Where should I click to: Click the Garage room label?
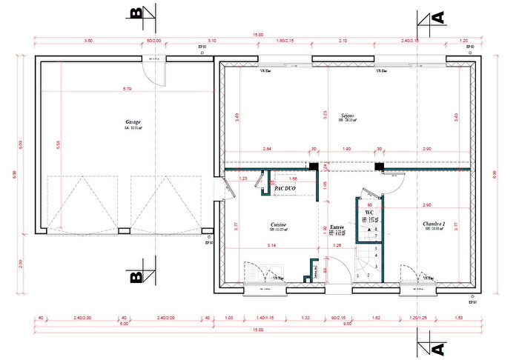133,122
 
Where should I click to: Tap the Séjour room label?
347,116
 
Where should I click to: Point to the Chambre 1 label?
434,224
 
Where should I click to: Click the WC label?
368,212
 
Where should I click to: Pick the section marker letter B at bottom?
136,277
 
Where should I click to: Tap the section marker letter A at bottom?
437,347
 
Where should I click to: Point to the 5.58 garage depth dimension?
59,146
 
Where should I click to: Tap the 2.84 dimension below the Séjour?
266,150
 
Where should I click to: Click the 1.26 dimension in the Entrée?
337,245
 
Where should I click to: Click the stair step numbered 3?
377,266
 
